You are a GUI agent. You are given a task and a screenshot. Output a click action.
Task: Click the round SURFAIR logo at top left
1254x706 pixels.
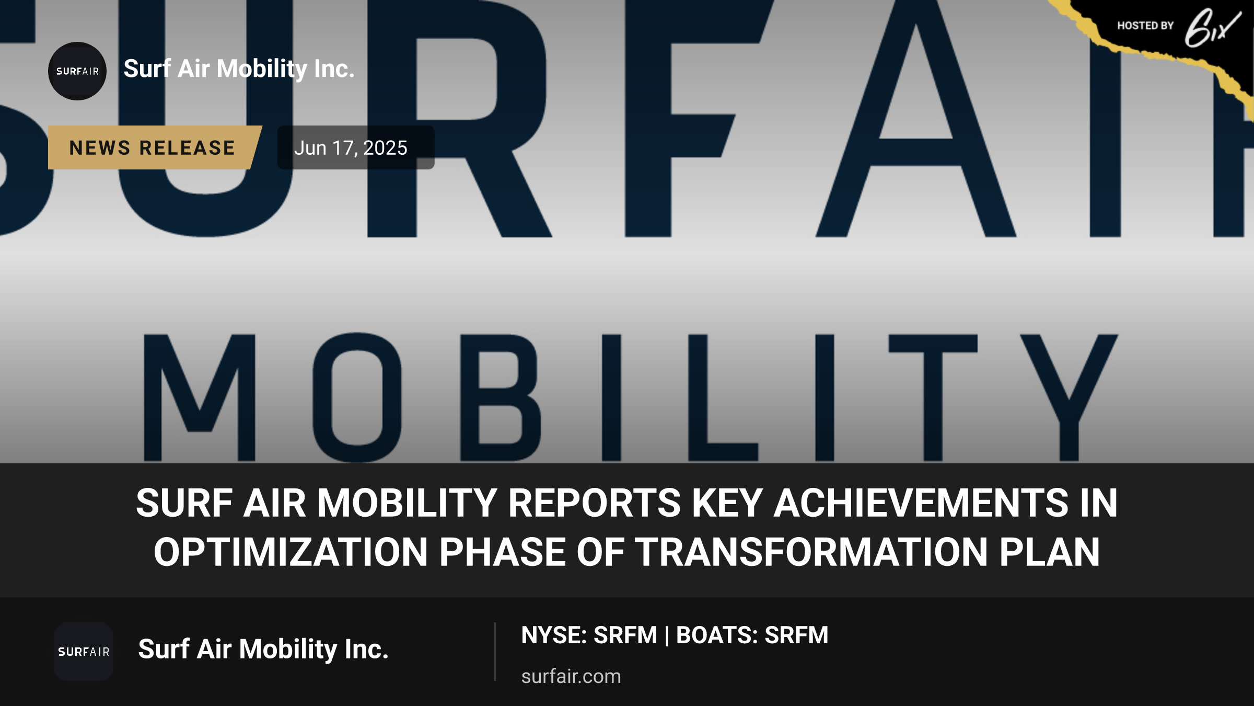[x=77, y=71]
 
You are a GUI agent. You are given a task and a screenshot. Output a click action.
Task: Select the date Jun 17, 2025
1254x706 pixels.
[x=351, y=148]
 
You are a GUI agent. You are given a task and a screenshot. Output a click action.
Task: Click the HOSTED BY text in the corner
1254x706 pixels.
[x=1145, y=26]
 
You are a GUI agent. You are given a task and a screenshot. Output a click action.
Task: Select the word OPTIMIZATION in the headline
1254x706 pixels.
[x=291, y=552]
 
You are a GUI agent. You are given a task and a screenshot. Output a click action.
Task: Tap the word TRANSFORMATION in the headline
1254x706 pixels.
[x=811, y=552]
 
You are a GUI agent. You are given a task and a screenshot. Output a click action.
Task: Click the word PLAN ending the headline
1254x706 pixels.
[x=1050, y=552]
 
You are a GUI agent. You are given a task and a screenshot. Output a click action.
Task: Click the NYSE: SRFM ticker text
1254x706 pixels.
[x=589, y=635]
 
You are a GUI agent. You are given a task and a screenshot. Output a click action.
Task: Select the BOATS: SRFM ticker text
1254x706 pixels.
[x=752, y=635]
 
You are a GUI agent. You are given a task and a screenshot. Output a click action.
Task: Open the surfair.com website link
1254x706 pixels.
[x=571, y=676]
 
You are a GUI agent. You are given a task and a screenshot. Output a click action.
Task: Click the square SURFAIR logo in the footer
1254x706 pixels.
[x=84, y=652]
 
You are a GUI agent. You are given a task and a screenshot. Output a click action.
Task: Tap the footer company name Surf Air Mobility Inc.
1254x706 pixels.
[x=263, y=649]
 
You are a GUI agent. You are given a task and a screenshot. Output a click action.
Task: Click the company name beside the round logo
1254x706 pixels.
[x=239, y=69]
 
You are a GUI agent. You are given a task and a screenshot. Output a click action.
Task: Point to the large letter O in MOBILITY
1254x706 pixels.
[x=357, y=397]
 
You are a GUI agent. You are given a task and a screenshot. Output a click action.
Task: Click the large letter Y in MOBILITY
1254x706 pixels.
[x=1069, y=397]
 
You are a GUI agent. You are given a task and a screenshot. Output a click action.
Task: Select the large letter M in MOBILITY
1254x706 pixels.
[x=200, y=397]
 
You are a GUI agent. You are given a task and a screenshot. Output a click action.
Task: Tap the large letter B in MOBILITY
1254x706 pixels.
[x=500, y=397]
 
